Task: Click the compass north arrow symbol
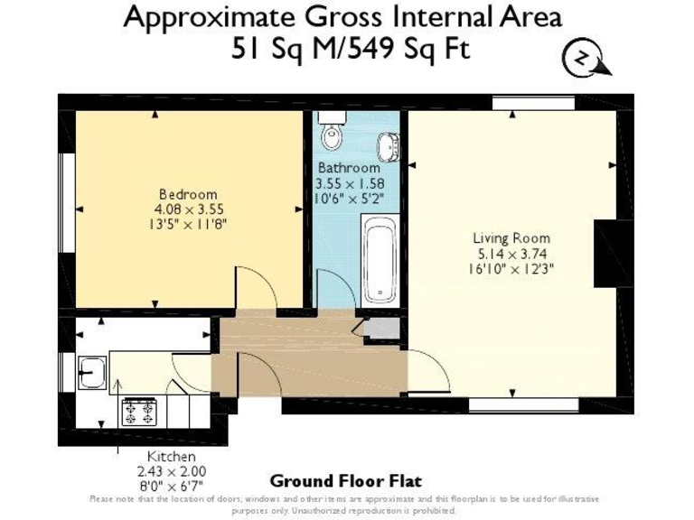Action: (x=584, y=60)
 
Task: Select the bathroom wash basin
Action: (x=389, y=144)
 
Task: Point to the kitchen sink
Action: (x=91, y=371)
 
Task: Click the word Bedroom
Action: (x=188, y=194)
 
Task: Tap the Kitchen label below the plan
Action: (x=171, y=457)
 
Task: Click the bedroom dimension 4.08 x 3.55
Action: (x=188, y=209)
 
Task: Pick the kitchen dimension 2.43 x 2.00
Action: (x=171, y=471)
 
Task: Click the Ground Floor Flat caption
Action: (x=345, y=481)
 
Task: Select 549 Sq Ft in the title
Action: (x=416, y=47)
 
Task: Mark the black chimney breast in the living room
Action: (x=605, y=252)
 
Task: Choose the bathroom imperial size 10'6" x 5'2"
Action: (x=348, y=197)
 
